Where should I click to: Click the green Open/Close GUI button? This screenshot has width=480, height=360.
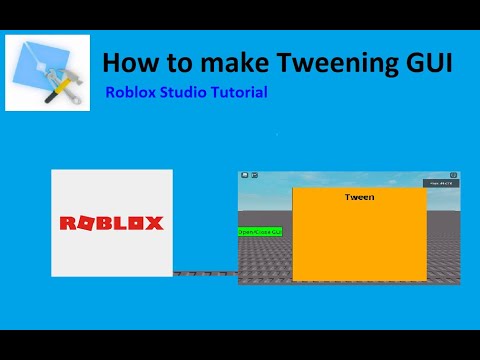point(260,231)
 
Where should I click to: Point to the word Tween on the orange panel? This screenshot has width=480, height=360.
point(359,198)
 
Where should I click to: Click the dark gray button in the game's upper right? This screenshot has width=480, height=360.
point(441,184)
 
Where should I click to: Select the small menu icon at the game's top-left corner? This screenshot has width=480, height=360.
point(243,175)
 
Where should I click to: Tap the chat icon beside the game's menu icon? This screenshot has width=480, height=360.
point(253,175)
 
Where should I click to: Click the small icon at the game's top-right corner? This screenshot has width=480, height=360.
point(453,175)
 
